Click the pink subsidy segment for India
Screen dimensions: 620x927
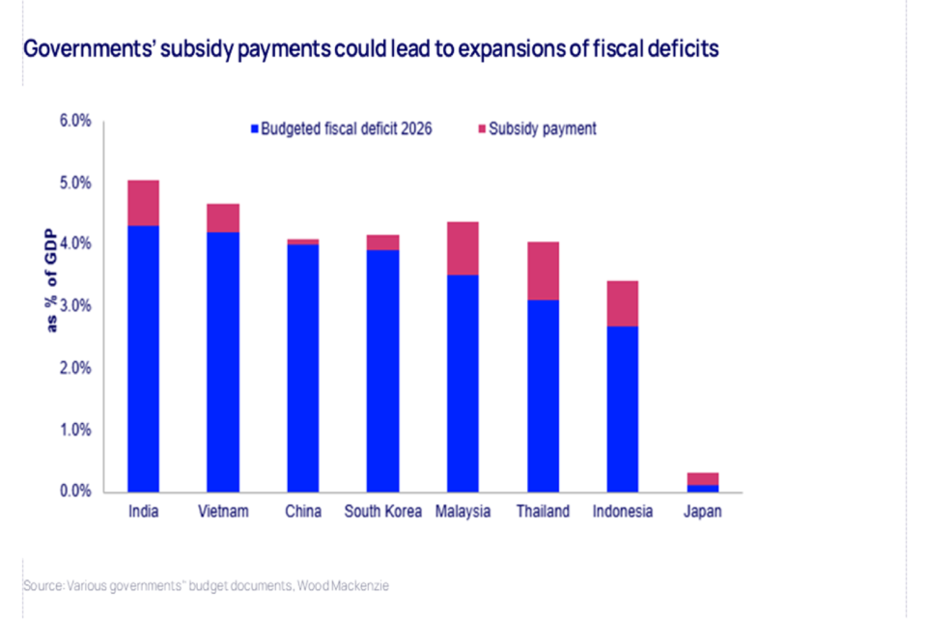click(x=144, y=203)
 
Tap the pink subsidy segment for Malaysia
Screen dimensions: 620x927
click(x=463, y=248)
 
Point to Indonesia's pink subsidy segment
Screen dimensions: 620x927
click(x=622, y=303)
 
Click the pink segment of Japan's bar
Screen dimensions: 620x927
click(x=702, y=478)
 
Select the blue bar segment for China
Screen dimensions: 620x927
click(x=303, y=368)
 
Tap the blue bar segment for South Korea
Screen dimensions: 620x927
click(x=383, y=371)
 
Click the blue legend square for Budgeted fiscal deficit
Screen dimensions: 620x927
click(x=255, y=128)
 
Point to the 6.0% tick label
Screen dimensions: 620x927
click(x=75, y=121)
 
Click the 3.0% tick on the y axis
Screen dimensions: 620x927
click(x=75, y=306)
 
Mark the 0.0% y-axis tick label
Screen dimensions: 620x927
click(x=75, y=492)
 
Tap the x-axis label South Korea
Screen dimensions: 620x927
click(x=383, y=512)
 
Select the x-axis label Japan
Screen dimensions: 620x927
click(x=702, y=512)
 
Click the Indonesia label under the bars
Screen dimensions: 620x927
click(x=622, y=512)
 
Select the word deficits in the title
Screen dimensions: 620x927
click(x=682, y=49)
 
